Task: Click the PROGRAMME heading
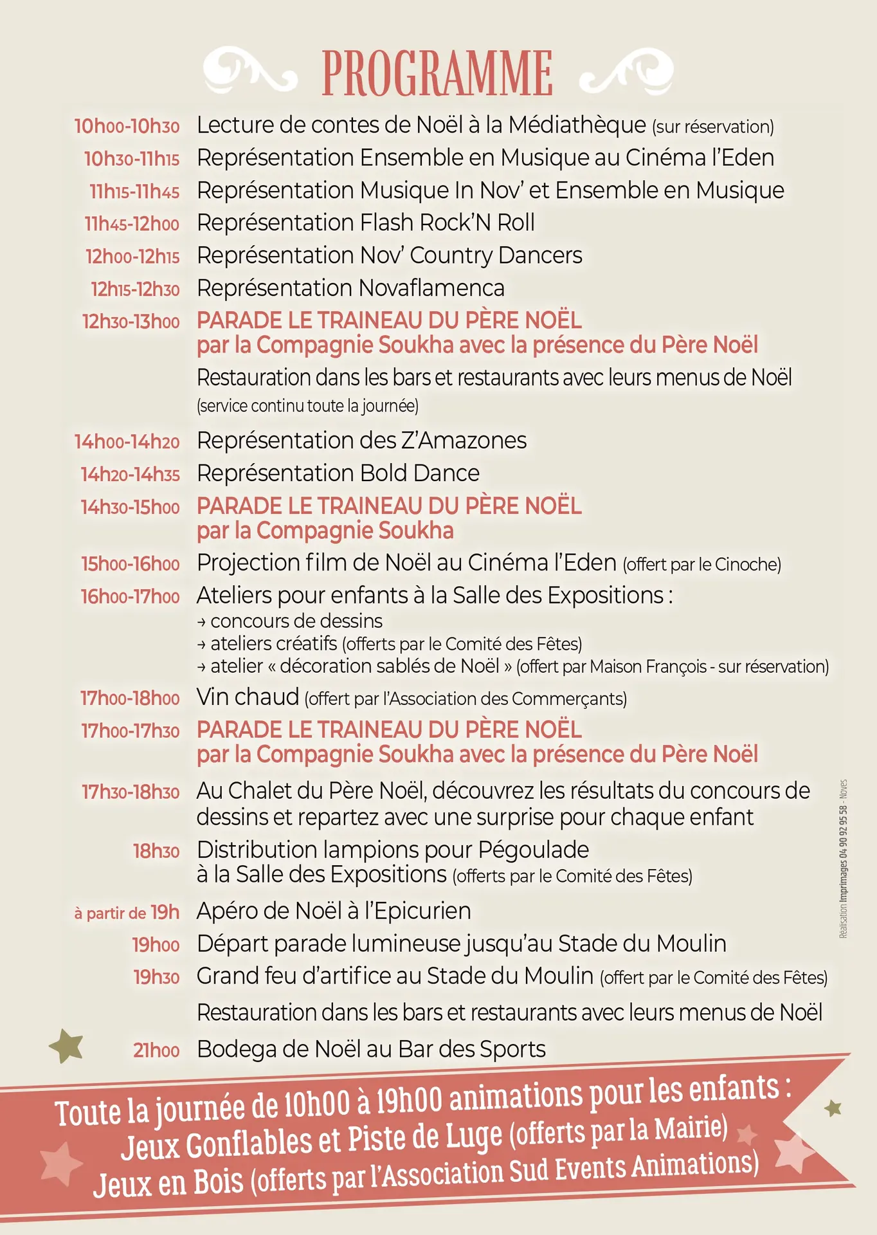coord(437,73)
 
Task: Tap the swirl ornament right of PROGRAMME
coord(626,71)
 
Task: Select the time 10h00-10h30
coord(127,126)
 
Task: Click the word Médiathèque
coord(577,125)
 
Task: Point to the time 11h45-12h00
coord(132,224)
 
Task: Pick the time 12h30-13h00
coord(131,322)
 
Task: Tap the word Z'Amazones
coord(464,441)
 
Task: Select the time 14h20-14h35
coord(130,475)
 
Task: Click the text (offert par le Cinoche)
coord(701,565)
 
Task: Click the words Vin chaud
coord(248,697)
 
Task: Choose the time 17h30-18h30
coord(131,792)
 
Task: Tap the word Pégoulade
coord(533,850)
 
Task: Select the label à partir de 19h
coord(127,913)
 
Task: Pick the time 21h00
coord(156,1050)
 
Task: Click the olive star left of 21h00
coord(67,1045)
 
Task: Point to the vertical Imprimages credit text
coord(843,859)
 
